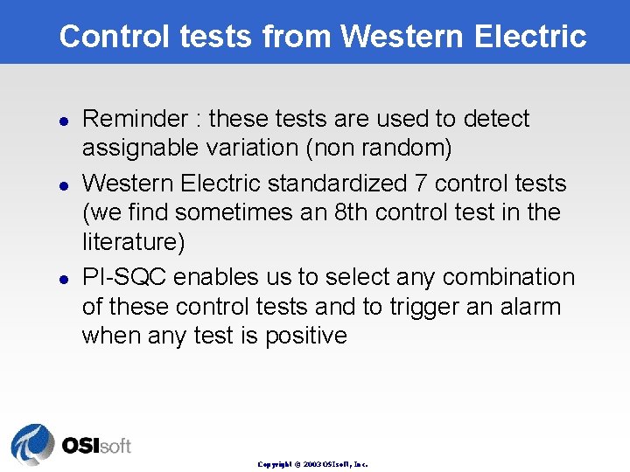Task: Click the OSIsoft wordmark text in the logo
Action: pyautogui.click(x=95, y=446)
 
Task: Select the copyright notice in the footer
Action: pyautogui.click(x=312, y=464)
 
